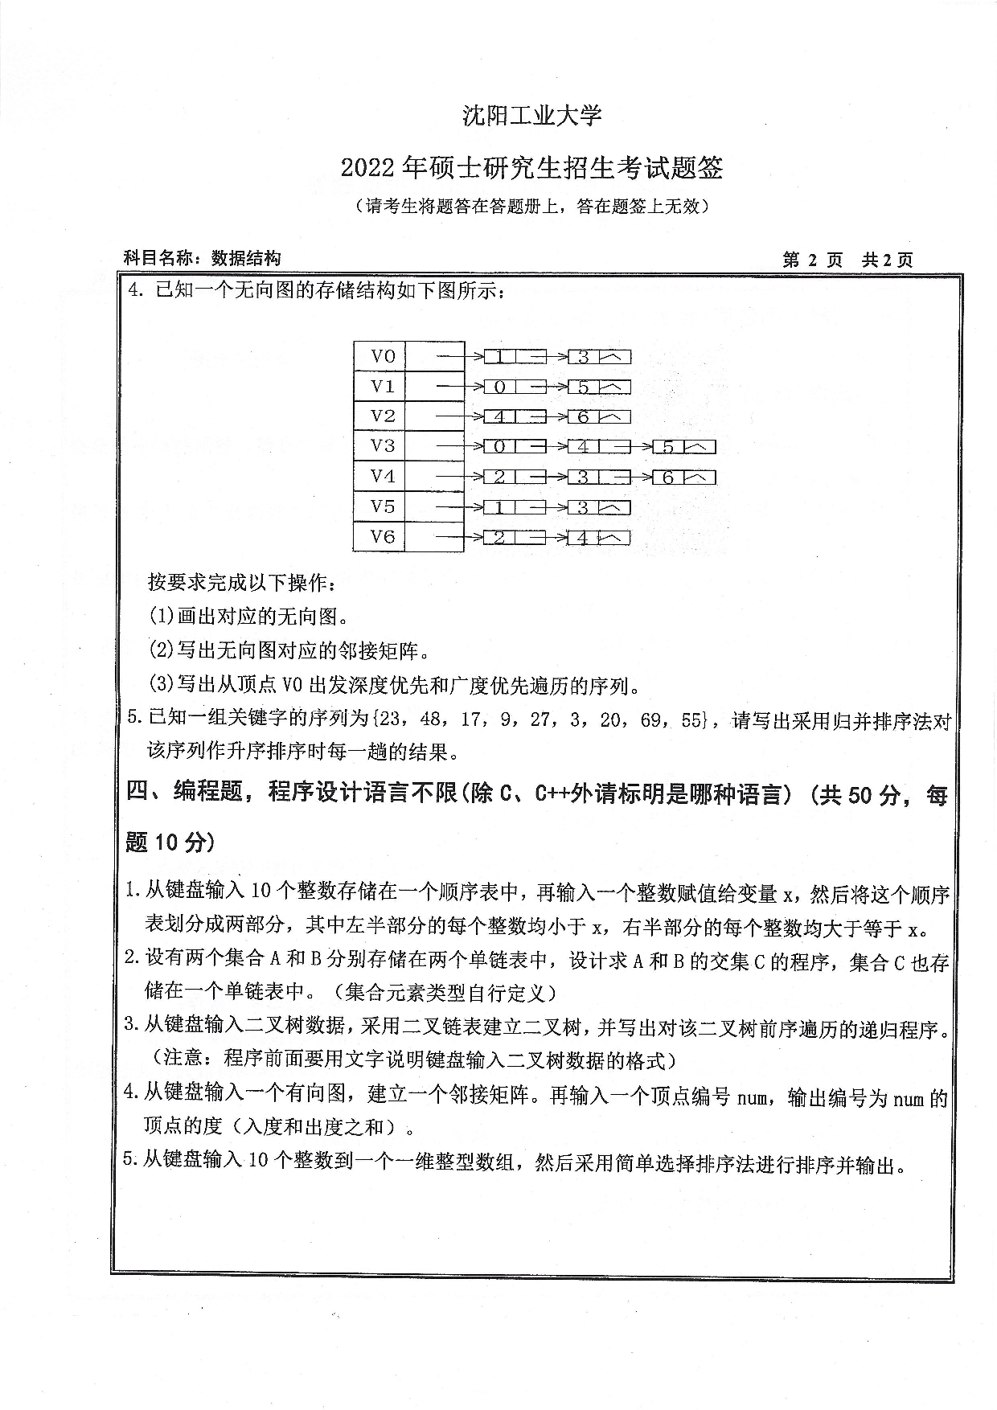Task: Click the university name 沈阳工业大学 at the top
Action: [x=532, y=116]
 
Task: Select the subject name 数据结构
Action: [x=246, y=258]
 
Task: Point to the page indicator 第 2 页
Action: [x=812, y=260]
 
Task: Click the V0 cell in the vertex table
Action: [x=383, y=356]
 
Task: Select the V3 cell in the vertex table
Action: [x=383, y=446]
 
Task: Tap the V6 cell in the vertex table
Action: [x=383, y=536]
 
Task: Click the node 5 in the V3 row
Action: [x=667, y=448]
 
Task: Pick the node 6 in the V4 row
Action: [x=667, y=478]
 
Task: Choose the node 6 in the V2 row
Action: [x=583, y=417]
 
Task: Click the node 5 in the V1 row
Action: [x=583, y=387]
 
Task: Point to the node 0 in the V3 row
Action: [x=499, y=448]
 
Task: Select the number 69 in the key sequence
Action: [x=651, y=719]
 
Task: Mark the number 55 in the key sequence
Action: [x=691, y=719]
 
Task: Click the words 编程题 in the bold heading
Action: [x=208, y=793]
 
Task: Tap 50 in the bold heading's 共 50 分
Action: [x=860, y=795]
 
